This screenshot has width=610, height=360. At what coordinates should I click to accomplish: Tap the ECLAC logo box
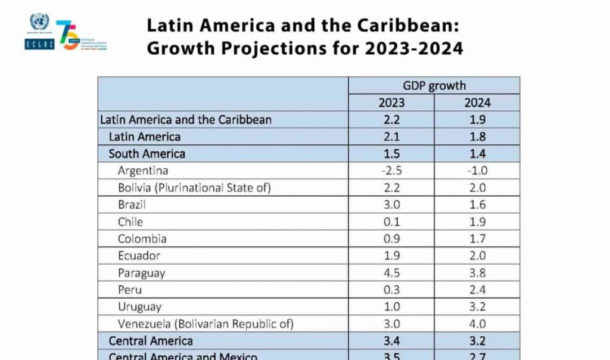(x=39, y=44)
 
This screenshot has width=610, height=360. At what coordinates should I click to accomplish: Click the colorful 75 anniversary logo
(x=69, y=35)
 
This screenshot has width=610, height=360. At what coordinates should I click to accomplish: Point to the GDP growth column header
(x=434, y=86)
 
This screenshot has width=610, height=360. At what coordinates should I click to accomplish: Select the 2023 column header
(x=391, y=103)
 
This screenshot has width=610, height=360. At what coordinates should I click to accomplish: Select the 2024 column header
(x=477, y=103)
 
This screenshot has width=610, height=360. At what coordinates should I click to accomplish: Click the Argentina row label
(x=143, y=170)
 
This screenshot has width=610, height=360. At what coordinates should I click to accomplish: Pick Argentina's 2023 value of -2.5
(x=391, y=170)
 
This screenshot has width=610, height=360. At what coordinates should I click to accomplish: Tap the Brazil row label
(x=132, y=204)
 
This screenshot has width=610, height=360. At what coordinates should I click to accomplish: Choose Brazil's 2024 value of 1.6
(x=477, y=204)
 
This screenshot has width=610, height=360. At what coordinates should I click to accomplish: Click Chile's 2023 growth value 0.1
(x=391, y=222)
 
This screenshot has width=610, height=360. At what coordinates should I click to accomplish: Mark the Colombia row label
(x=142, y=239)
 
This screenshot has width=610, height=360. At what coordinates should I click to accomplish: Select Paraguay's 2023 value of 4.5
(x=391, y=273)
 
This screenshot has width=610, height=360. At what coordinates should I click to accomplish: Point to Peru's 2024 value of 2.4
(x=477, y=290)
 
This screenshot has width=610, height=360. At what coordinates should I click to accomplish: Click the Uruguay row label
(x=139, y=308)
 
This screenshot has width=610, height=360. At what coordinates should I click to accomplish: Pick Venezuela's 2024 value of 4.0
(x=477, y=324)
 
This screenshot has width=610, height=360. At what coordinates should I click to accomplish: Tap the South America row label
(x=147, y=154)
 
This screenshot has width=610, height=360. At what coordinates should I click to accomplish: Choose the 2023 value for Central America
(x=391, y=342)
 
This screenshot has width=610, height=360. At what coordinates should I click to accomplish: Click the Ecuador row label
(x=139, y=256)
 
